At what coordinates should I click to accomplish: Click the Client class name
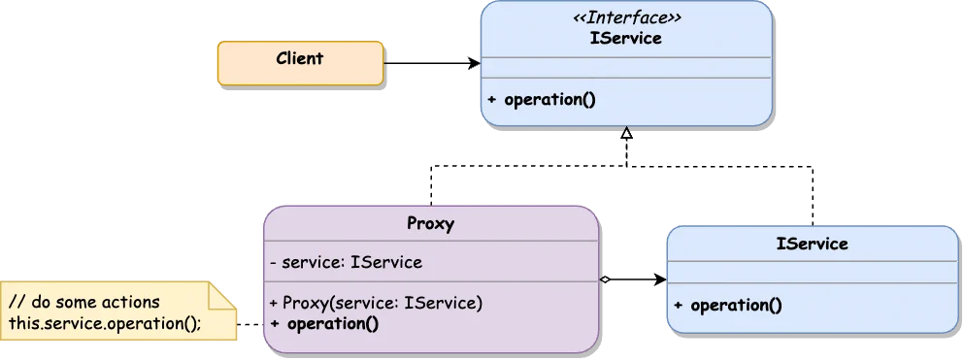point(299,59)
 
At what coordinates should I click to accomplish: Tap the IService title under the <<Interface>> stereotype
point(626,39)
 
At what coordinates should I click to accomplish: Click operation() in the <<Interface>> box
point(549,100)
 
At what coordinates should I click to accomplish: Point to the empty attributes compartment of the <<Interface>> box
point(626,67)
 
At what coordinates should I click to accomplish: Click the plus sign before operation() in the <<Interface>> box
point(492,100)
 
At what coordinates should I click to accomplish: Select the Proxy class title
point(431,224)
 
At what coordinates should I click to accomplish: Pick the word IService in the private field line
point(385,262)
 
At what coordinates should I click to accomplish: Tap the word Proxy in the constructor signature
point(307,303)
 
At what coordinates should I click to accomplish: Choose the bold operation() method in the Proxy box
point(333,323)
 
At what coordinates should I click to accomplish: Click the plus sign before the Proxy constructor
point(275,303)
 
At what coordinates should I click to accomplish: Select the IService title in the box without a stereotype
point(812,245)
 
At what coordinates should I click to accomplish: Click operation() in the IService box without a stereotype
point(735,305)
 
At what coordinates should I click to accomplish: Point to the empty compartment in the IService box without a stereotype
point(812,272)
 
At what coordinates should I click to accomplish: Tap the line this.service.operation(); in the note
point(105,323)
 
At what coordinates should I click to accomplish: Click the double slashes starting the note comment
point(16,303)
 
